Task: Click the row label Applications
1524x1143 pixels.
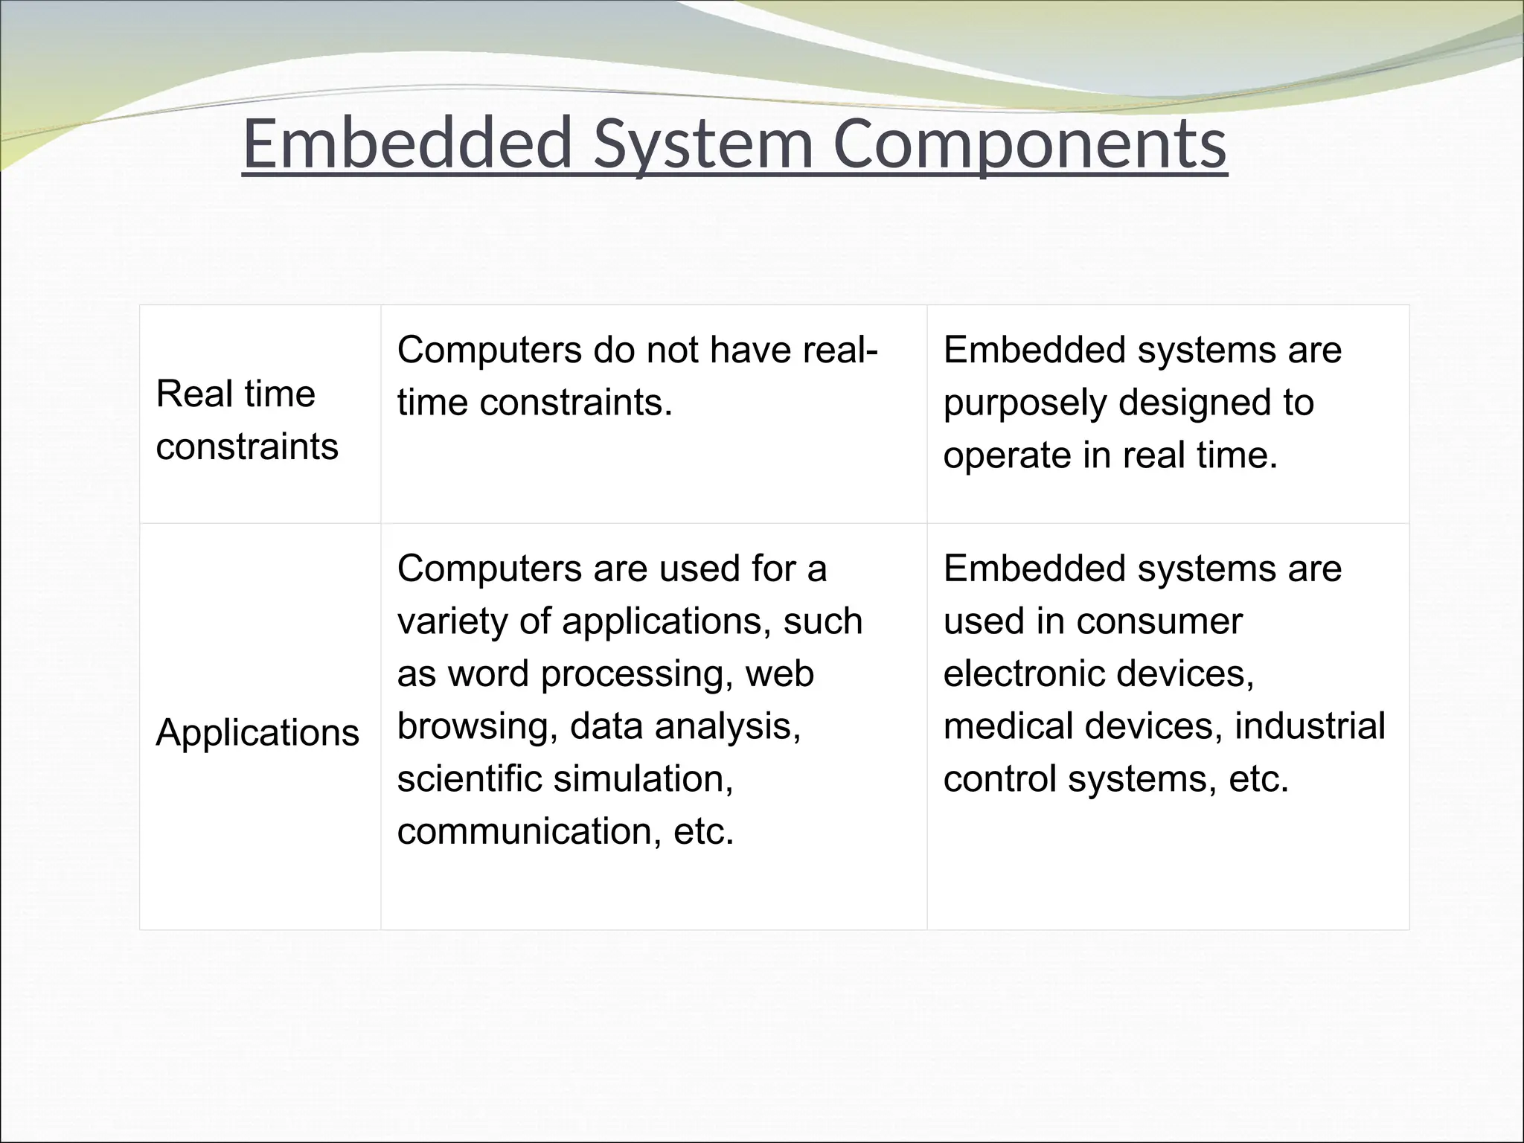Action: click(x=257, y=732)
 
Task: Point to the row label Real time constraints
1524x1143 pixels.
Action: click(x=247, y=420)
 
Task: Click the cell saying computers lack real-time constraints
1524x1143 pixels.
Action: click(x=637, y=376)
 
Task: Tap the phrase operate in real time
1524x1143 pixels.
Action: click(x=1110, y=455)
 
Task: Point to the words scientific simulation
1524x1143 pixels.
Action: click(x=565, y=779)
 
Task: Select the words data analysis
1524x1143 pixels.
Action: click(x=685, y=726)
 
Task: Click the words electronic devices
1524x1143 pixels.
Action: click(x=1098, y=673)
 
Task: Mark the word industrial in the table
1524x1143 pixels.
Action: click(x=1310, y=726)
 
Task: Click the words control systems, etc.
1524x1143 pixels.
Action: click(x=1115, y=779)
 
